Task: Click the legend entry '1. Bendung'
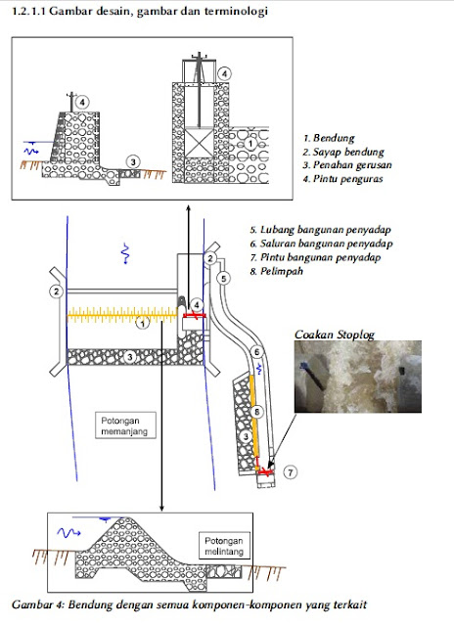click(331, 139)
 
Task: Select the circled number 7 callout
click(291, 471)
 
